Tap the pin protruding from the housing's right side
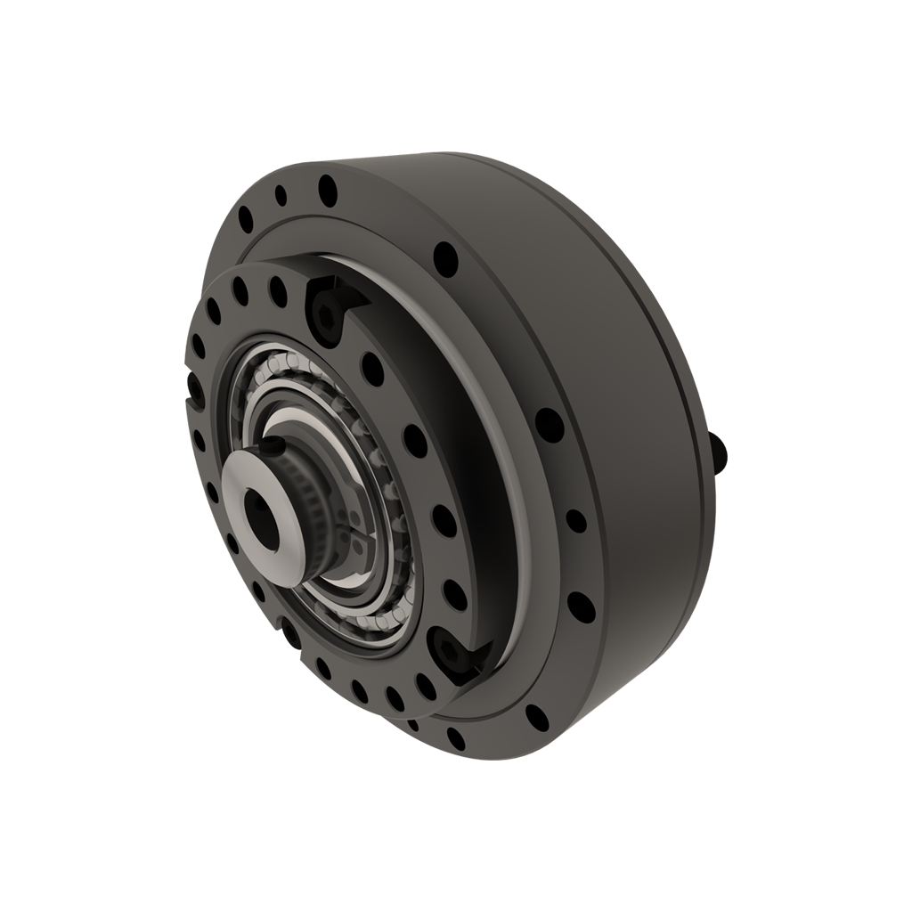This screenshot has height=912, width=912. pos(719,452)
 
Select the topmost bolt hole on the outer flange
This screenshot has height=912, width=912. pos(328,190)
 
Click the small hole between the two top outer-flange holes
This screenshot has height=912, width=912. pos(281,195)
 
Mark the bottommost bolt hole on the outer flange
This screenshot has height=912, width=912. pos(456,738)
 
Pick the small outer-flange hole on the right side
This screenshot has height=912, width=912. pos(576,521)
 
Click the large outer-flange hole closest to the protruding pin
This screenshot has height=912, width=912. pos(550,425)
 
